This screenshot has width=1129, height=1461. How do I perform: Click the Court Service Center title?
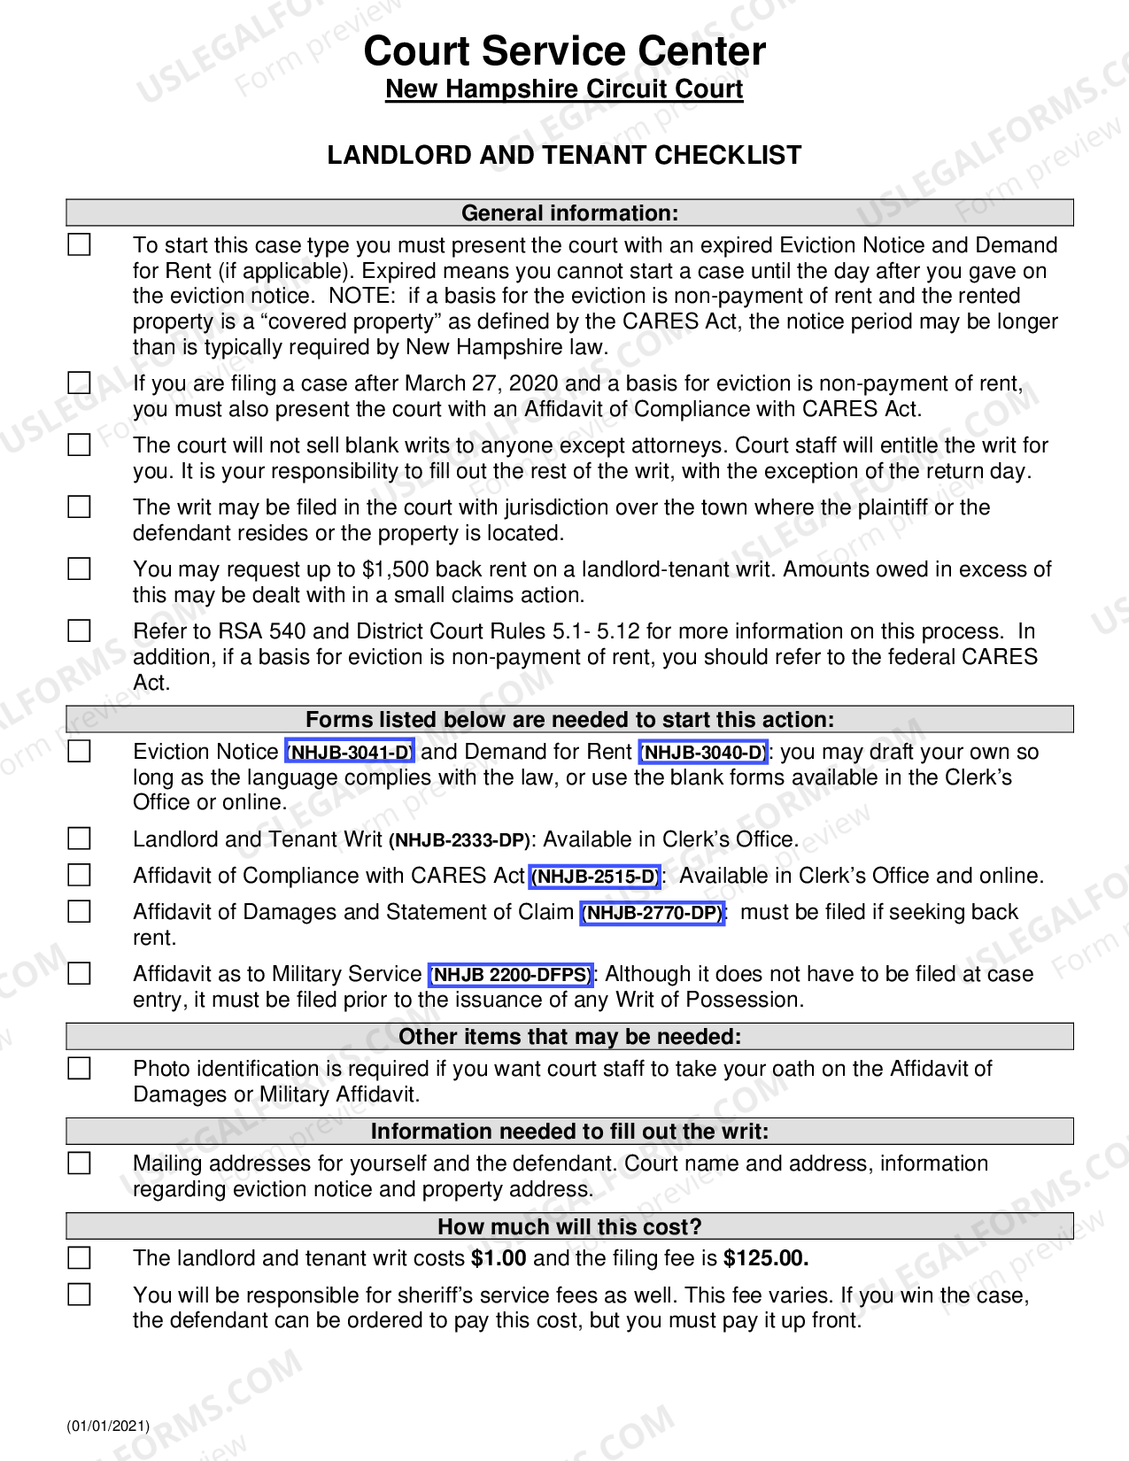coord(564,51)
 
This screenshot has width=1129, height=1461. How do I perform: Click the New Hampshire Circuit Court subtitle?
coord(564,89)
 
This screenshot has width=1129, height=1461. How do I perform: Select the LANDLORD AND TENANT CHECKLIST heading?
coord(564,155)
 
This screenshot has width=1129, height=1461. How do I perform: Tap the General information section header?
coord(569,213)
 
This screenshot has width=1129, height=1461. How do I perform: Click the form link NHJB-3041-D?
coord(350,752)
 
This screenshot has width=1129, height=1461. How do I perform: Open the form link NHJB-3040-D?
coord(703,752)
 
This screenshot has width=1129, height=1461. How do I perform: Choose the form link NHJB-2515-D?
coord(595,877)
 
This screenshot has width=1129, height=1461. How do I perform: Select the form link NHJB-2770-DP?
coord(653,913)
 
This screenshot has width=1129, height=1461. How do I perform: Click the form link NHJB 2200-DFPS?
coord(511,975)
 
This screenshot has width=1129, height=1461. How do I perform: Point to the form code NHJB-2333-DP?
coord(460,840)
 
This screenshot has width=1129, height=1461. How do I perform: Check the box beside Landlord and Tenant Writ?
coord(80,839)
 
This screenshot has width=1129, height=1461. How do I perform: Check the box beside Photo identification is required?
coord(80,1069)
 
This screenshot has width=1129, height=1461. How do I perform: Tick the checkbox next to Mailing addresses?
coord(80,1163)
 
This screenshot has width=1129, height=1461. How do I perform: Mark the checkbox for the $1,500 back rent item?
coord(80,568)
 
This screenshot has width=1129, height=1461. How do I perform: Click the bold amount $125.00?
coord(765,1258)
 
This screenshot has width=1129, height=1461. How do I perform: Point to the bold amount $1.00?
coord(499,1258)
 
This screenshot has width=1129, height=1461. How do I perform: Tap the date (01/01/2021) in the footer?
coord(108,1426)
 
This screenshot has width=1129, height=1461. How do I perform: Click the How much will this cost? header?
coord(569,1226)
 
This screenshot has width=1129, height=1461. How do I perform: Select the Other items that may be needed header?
coord(569,1037)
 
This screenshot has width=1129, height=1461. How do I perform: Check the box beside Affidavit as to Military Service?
coord(80,974)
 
